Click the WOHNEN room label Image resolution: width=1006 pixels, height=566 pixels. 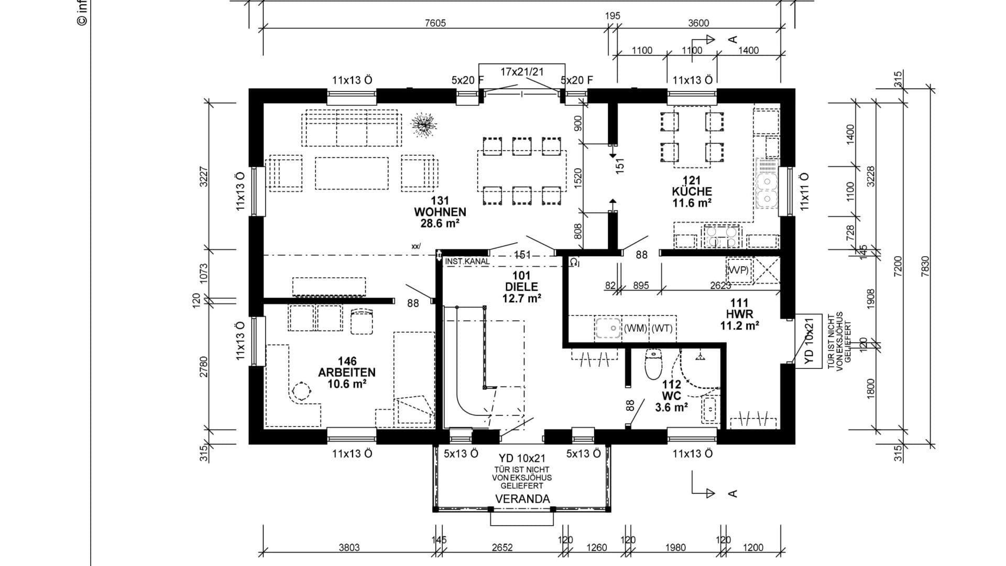coord(440,212)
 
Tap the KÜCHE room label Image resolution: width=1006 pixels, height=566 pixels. coord(692,192)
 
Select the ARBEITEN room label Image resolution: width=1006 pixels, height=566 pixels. coord(347,373)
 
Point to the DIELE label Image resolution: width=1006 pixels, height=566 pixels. coord(521,287)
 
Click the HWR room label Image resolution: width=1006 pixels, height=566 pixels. coord(739,314)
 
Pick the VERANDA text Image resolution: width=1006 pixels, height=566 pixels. coord(522,499)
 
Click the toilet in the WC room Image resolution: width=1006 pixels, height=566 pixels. coord(653,365)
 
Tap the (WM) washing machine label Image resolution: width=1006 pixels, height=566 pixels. coord(635,329)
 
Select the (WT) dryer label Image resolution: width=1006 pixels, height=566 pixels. coord(662,329)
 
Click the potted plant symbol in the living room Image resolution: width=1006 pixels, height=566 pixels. coord(423,125)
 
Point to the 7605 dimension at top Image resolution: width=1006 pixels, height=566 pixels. coord(435,23)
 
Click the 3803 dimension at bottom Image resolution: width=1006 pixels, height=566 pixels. coord(349,548)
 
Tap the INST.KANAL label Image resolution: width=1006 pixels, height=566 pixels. coord(467,261)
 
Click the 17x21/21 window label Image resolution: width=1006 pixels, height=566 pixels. coord(522,72)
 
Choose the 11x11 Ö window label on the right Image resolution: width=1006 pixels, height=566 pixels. coord(805,191)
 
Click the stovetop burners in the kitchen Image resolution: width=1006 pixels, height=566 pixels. coord(721,236)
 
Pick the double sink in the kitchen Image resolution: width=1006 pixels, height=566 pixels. coord(767,190)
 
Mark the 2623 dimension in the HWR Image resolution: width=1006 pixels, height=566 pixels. coord(720,286)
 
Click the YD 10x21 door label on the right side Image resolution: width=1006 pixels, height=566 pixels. coord(809,341)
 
